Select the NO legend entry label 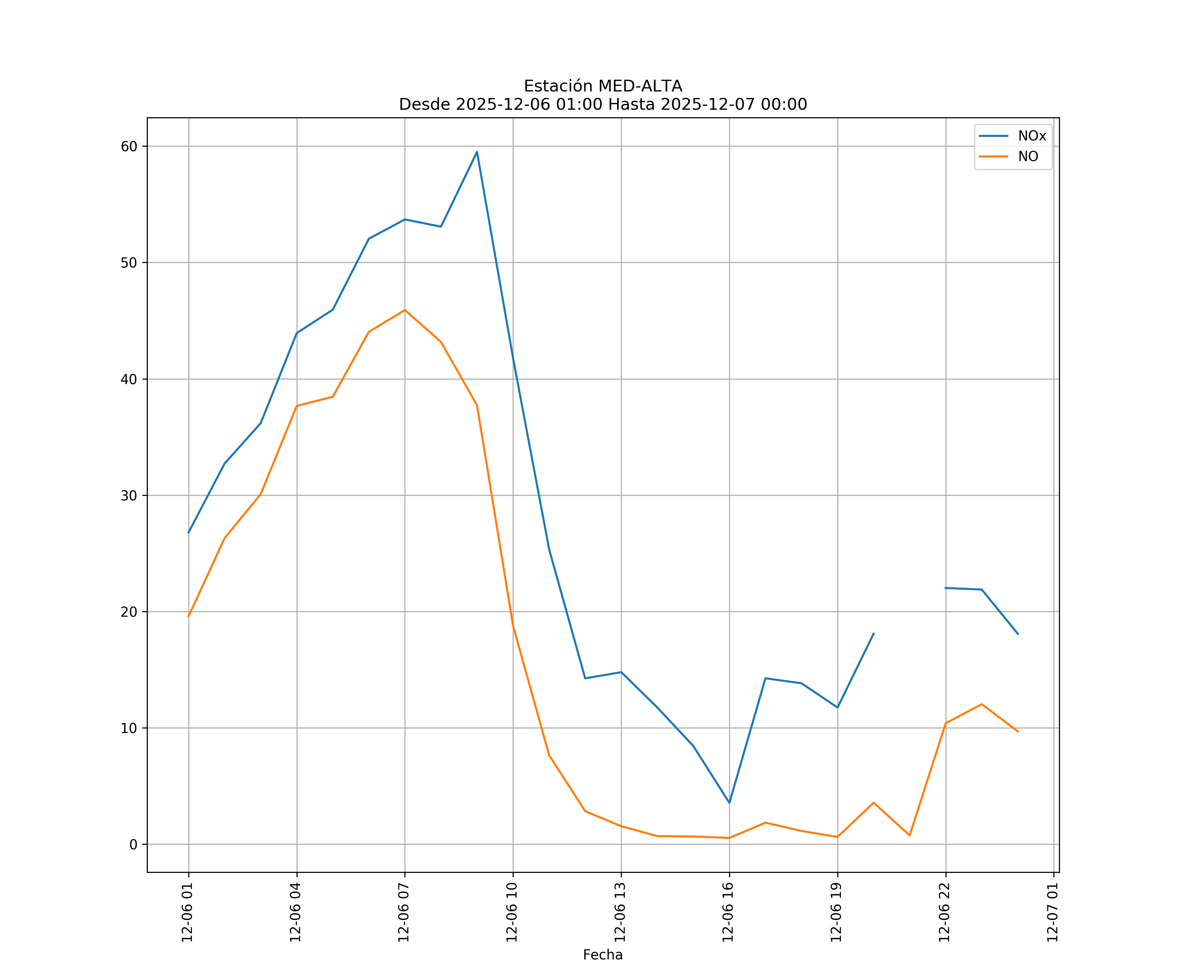pyautogui.click(x=1028, y=157)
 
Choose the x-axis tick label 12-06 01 pyautogui.click(x=188, y=912)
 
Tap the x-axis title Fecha pyautogui.click(x=603, y=955)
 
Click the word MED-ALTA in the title pyautogui.click(x=640, y=86)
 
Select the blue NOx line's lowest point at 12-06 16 pyautogui.click(x=729, y=803)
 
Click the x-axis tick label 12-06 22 pyautogui.click(x=945, y=912)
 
